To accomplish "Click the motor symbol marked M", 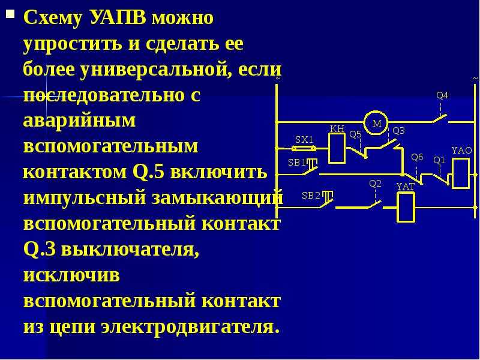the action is [376, 123].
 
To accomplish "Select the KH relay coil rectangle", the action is [337, 149].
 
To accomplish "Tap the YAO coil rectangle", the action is [461, 173].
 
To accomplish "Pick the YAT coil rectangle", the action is [406, 207].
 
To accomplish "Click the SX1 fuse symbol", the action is [304, 149].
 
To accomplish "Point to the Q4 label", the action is [442, 96].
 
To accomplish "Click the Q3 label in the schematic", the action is [398, 131].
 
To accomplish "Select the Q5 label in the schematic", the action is [355, 134].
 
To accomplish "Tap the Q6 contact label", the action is [417, 157].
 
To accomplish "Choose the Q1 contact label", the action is [439, 160].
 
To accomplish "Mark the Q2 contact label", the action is [376, 184].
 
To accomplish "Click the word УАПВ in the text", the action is [118, 19].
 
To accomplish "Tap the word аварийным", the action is [79, 121].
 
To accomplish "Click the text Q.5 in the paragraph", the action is [148, 172].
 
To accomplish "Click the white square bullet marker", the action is [10, 14].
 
